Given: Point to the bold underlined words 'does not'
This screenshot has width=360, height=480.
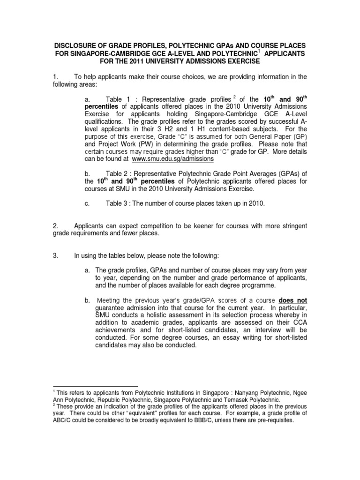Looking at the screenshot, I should pos(293,300).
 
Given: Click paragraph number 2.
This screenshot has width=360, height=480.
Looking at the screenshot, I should pos(55,226).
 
